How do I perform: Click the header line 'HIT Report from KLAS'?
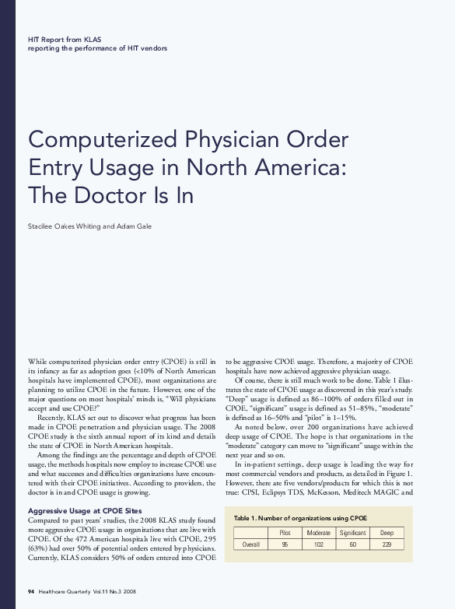tap(65, 38)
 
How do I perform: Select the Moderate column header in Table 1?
tap(319, 532)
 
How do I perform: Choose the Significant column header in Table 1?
tap(352, 532)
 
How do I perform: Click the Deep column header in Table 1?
tap(387, 532)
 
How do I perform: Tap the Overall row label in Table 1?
tap(251, 544)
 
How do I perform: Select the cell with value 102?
tap(319, 544)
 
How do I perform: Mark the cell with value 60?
tap(352, 544)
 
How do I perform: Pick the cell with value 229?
tap(387, 544)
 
